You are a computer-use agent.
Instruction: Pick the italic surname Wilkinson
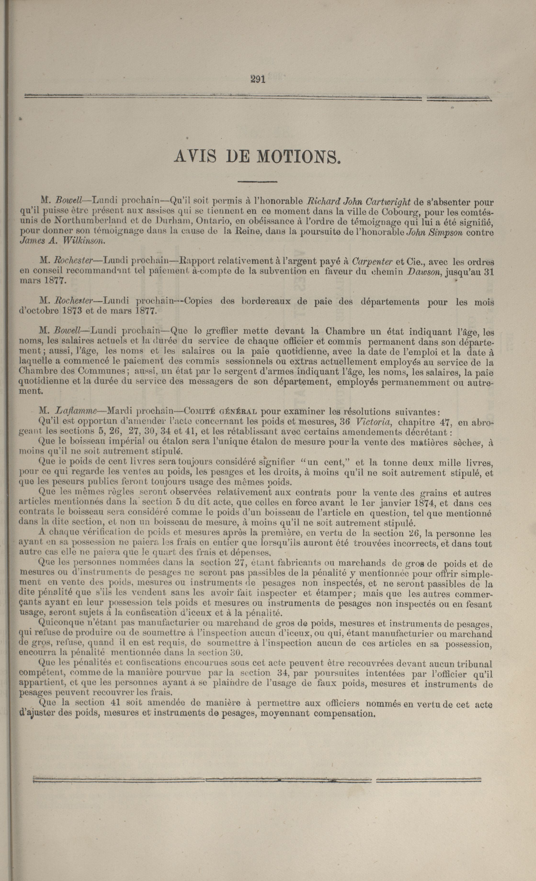(x=84, y=241)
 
